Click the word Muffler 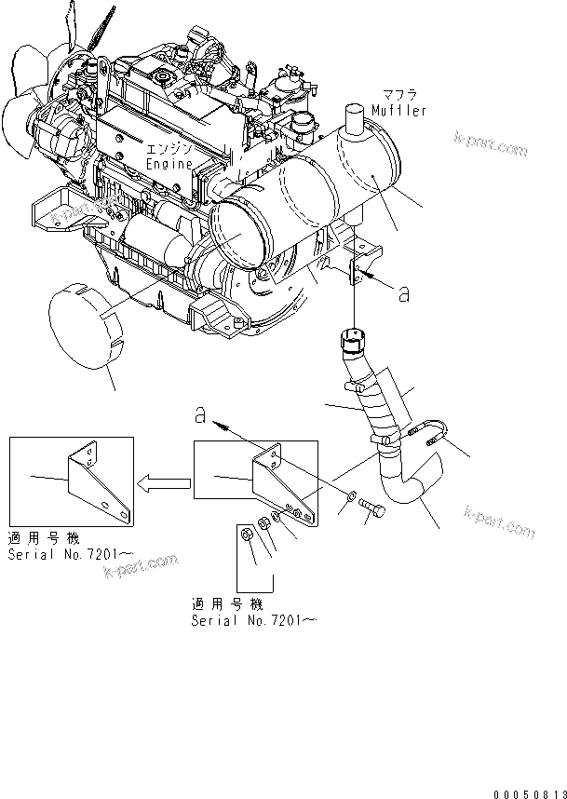(x=398, y=111)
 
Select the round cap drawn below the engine (x=86, y=328)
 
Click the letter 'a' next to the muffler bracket (x=403, y=294)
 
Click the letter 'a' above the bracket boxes (x=200, y=414)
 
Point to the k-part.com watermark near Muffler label (x=490, y=143)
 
